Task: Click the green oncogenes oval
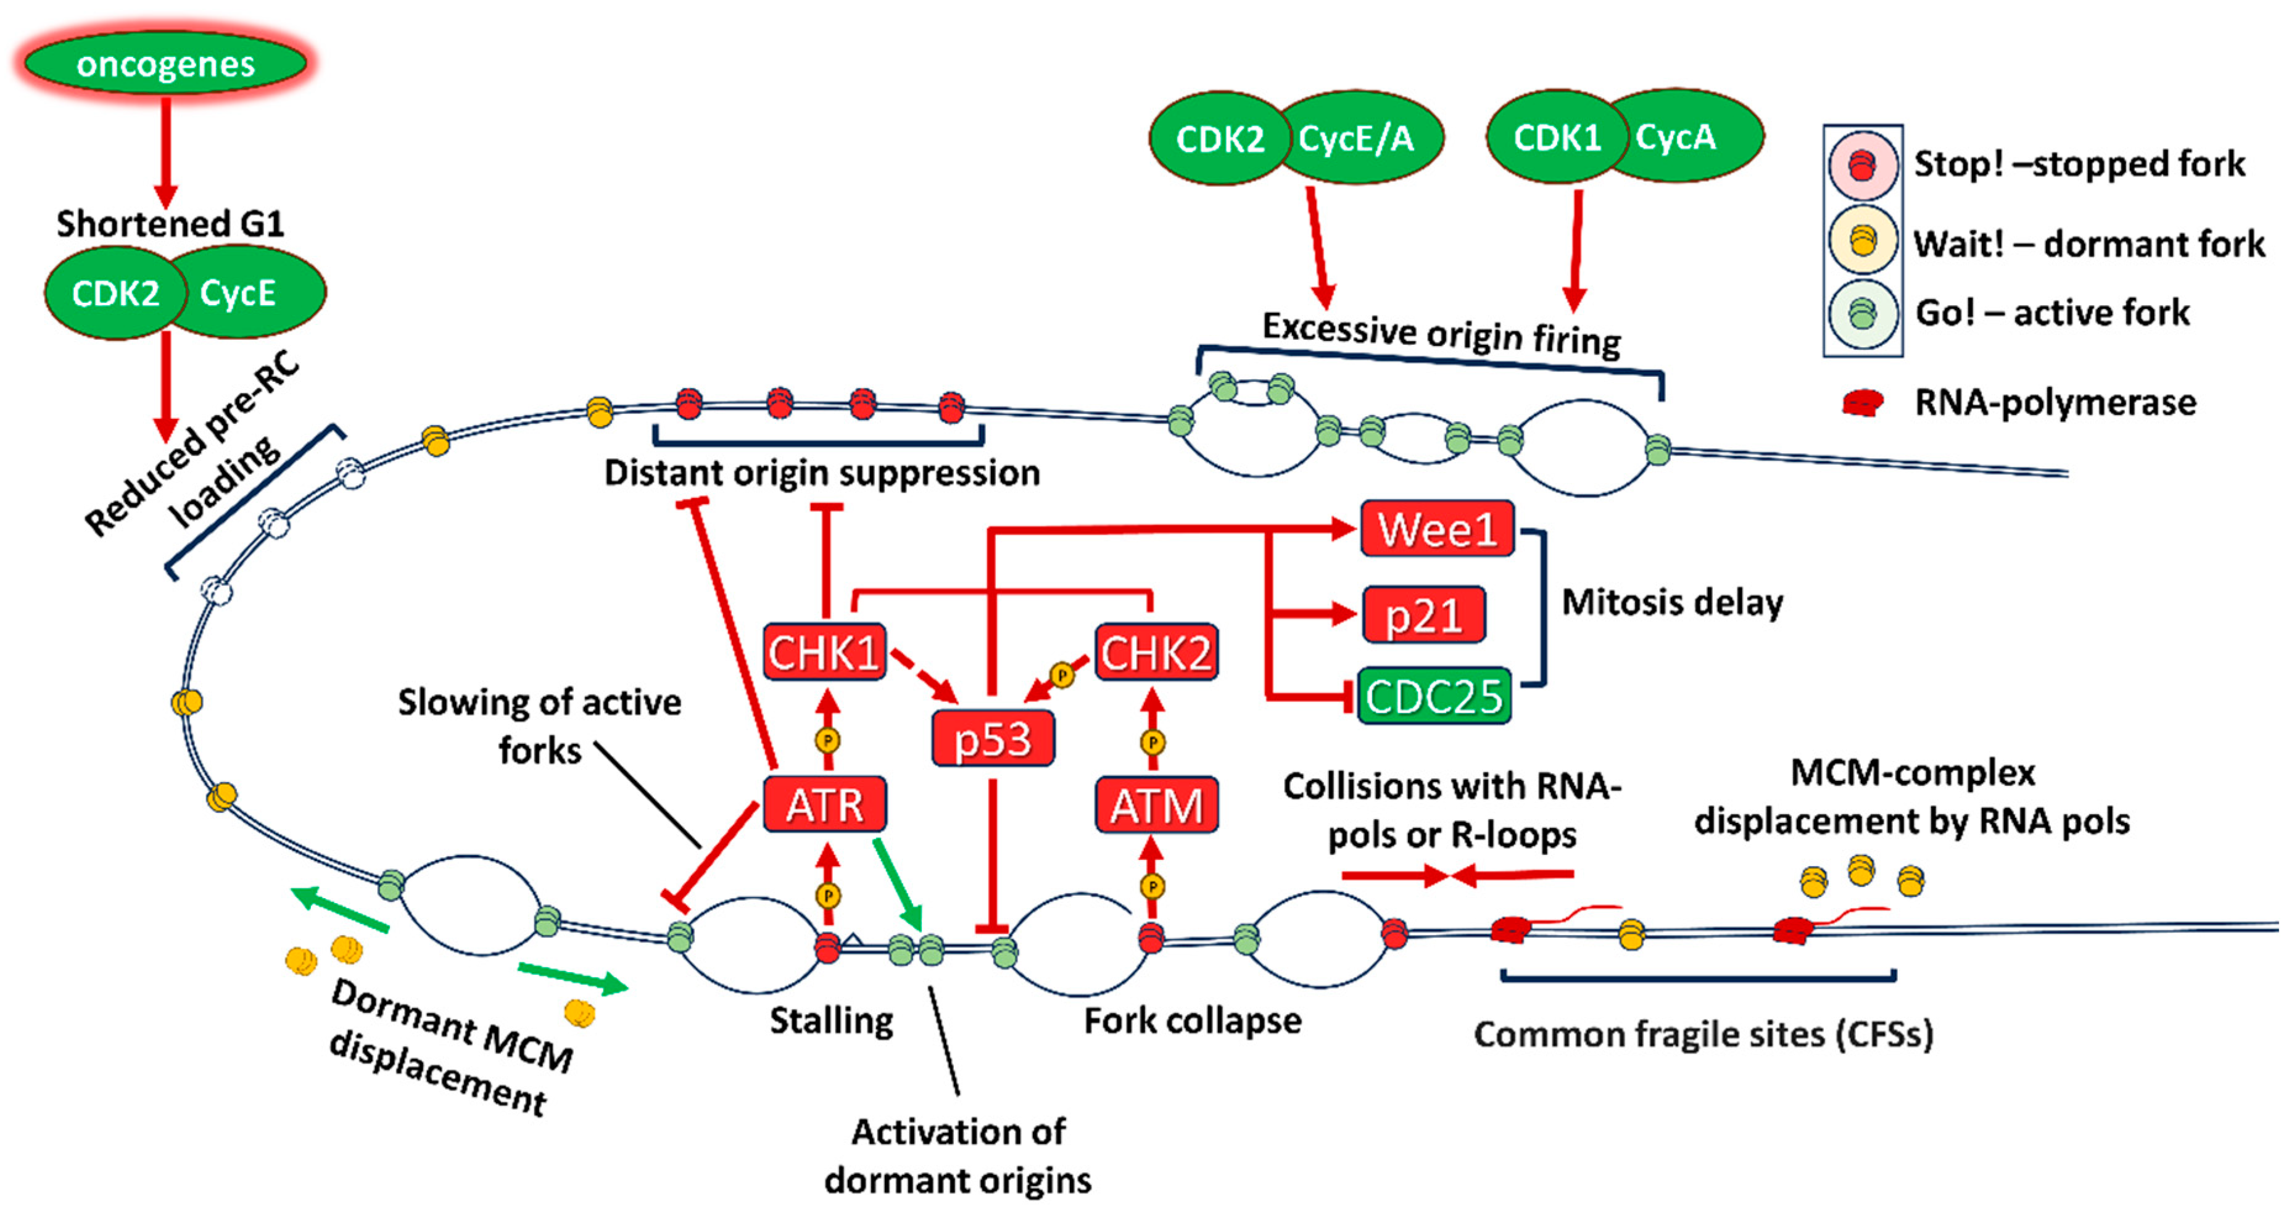pyautogui.click(x=165, y=64)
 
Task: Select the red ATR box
pyautogui.click(x=825, y=805)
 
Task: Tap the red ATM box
pyautogui.click(x=1156, y=806)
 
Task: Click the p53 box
pyautogui.click(x=992, y=739)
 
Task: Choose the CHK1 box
pyautogui.click(x=824, y=653)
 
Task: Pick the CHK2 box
pyautogui.click(x=1156, y=653)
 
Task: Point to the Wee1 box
pyautogui.click(x=1436, y=529)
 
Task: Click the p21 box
pyautogui.click(x=1423, y=614)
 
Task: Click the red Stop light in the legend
pyautogui.click(x=1861, y=165)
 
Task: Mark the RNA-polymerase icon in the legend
pyautogui.click(x=1862, y=403)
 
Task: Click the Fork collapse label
pyautogui.click(x=1191, y=1020)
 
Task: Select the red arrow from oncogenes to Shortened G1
pyautogui.click(x=165, y=151)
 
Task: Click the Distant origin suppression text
pyautogui.click(x=821, y=472)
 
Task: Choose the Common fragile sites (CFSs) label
pyautogui.click(x=1703, y=1034)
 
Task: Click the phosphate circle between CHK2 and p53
pyautogui.click(x=1061, y=675)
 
